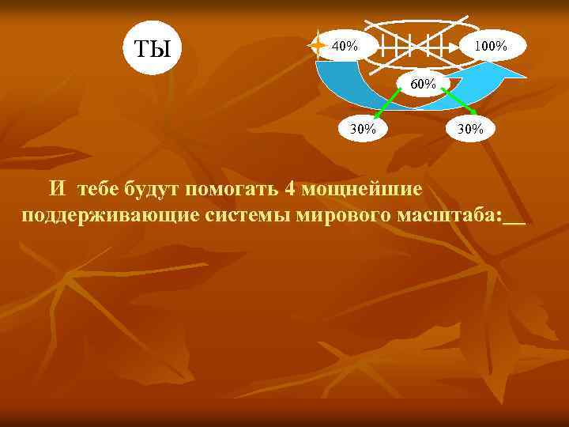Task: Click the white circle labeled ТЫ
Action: coord(152,48)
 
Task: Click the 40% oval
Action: coord(345,45)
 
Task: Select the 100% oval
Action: coord(490,46)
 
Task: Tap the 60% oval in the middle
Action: coord(423,82)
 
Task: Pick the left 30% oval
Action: coord(363,128)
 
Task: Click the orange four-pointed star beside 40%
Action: coord(318,46)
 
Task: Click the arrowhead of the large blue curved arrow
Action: coord(509,72)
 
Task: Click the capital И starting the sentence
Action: coord(57,190)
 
